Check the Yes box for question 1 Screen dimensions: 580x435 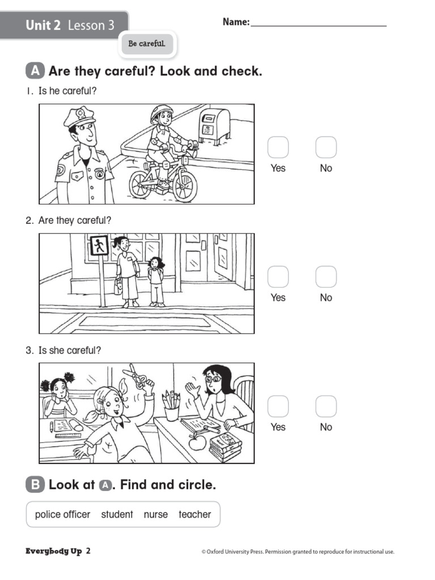[x=278, y=147]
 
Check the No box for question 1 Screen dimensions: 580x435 [x=326, y=147]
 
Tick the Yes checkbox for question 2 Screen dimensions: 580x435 [x=278, y=277]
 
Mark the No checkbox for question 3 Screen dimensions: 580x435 [x=326, y=407]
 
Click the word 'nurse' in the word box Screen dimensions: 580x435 [x=156, y=514]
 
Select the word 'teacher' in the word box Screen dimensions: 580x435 [x=194, y=514]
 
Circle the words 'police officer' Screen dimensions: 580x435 [x=62, y=514]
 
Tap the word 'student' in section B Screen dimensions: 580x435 [x=117, y=514]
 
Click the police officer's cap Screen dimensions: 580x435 [x=79, y=117]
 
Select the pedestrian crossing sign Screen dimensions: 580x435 [x=99, y=246]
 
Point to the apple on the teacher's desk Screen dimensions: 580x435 [x=197, y=442]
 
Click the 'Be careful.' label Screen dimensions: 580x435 [x=147, y=44]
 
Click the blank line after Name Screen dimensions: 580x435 [x=318, y=23]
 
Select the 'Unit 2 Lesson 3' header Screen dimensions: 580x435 [x=70, y=25]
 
